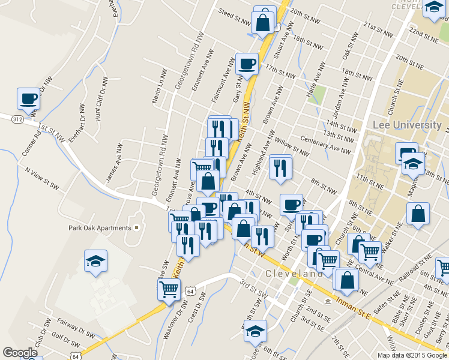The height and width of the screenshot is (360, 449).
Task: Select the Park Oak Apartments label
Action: (x=100, y=228)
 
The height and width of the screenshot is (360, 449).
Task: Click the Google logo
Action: (x=20, y=353)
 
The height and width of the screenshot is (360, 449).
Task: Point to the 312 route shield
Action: (x=16, y=119)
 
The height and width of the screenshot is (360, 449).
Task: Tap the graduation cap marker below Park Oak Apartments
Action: (x=95, y=262)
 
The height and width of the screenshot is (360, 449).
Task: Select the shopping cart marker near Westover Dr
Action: (x=169, y=289)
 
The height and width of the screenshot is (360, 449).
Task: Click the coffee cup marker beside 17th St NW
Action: (x=247, y=63)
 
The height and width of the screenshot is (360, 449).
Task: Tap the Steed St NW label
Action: (x=234, y=16)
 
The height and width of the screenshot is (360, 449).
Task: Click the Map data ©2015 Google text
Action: (x=411, y=355)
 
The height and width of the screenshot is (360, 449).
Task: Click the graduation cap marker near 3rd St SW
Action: (x=255, y=331)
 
